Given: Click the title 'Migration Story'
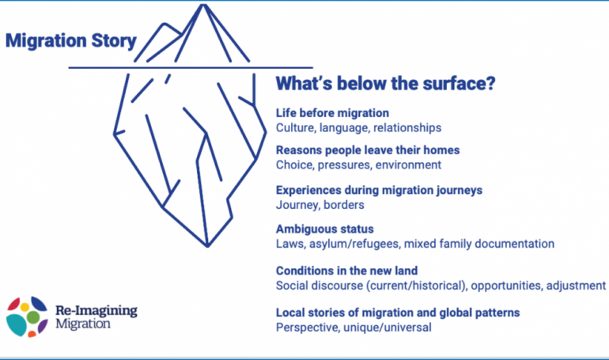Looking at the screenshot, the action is [x=71, y=41].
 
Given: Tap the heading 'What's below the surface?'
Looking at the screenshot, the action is [x=386, y=84].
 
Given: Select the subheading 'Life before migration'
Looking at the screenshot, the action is [x=332, y=113].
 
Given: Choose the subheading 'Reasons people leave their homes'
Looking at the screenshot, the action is [x=368, y=150].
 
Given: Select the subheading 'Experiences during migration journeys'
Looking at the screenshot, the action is [x=379, y=191].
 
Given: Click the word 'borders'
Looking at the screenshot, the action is [x=344, y=205].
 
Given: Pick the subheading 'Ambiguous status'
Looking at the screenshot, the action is [x=325, y=229].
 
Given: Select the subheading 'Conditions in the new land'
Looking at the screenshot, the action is [x=347, y=271].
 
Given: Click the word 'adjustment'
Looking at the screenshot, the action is [x=576, y=286].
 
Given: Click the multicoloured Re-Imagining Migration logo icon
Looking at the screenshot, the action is [x=27, y=316].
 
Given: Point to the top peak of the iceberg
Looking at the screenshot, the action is [x=202, y=5].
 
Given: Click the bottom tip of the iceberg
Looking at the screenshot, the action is [x=207, y=246].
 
